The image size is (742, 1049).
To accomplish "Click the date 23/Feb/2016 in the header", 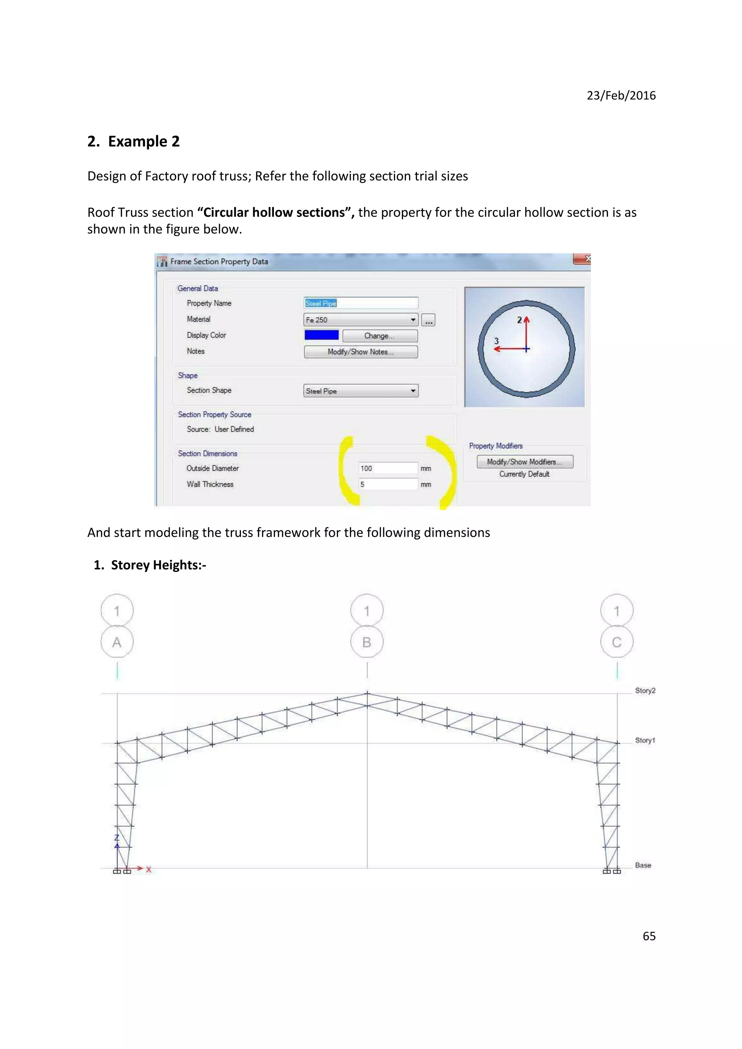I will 621,96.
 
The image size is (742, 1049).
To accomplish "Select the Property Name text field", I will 361,303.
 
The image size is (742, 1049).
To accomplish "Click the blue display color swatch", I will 321,335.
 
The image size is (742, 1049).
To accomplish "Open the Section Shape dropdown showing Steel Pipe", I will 361,391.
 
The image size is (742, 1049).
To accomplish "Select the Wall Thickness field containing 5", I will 388,484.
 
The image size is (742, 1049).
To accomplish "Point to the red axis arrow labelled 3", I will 508,349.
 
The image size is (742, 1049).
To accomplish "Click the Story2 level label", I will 645,691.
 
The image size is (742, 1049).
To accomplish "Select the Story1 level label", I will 645,740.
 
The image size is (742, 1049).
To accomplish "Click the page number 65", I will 649,936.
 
